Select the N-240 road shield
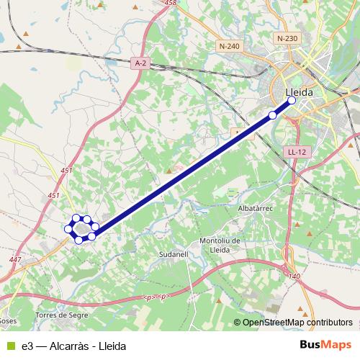[x=228, y=46]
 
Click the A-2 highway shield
[x=142, y=63]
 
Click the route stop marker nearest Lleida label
[x=292, y=101]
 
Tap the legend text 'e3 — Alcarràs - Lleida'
[x=73, y=346]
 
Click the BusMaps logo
[x=326, y=345]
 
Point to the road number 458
[x=170, y=4]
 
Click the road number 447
[x=17, y=260]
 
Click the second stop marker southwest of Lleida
[x=272, y=115]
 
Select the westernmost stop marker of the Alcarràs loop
[x=69, y=229]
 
